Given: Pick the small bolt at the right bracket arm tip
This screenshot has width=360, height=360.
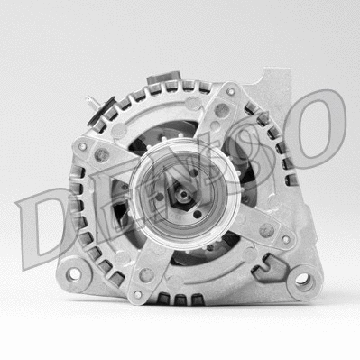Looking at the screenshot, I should pos(286,240).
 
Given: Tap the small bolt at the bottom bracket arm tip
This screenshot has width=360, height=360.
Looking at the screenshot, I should pos(137,293).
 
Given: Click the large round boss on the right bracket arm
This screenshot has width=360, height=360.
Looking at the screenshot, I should pos(265,229).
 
